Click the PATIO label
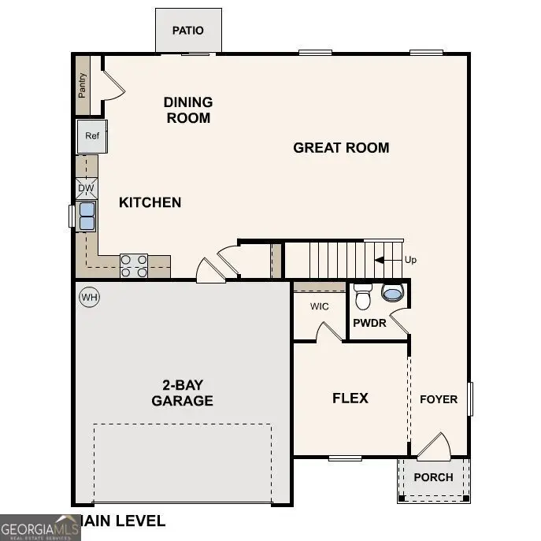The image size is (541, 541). (187, 31)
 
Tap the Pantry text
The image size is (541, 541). (82, 85)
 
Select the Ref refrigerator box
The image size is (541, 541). (92, 136)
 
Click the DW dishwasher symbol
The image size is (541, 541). (87, 188)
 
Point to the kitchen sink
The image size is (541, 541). (86, 216)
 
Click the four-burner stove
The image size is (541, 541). (133, 265)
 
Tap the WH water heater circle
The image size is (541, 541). (89, 297)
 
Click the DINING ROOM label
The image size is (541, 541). (187, 110)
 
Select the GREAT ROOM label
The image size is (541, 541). (341, 147)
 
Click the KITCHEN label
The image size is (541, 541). (150, 202)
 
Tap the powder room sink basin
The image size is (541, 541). (391, 293)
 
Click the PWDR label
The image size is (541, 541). (369, 323)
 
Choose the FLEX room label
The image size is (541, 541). (350, 398)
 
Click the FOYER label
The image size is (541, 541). (438, 399)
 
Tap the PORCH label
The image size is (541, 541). (433, 477)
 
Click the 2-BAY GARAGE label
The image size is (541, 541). (182, 393)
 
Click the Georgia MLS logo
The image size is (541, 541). (39, 527)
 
